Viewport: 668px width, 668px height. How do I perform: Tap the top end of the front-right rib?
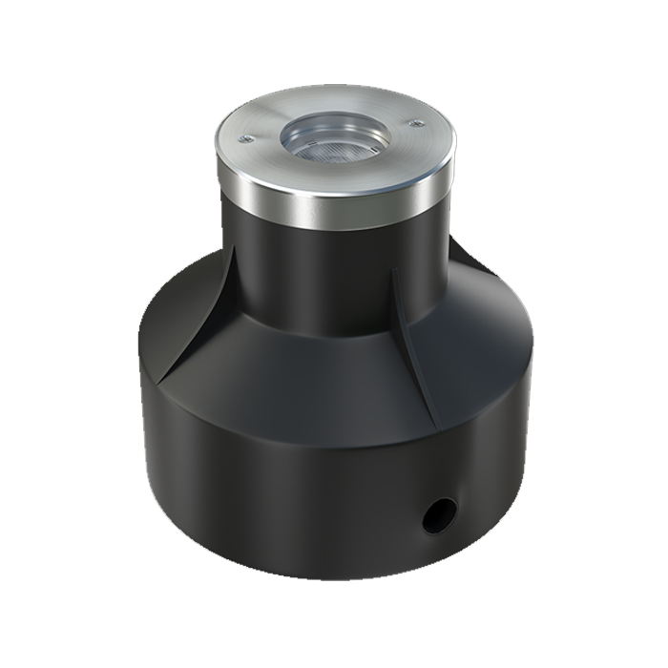tap(393, 270)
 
